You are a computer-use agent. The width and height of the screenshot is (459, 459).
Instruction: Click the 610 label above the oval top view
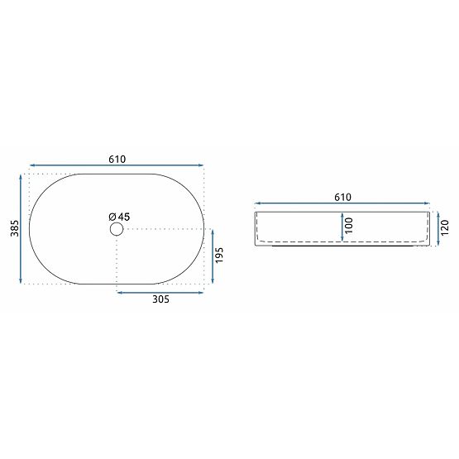(x=116, y=160)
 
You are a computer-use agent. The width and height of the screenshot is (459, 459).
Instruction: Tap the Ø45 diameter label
(x=119, y=217)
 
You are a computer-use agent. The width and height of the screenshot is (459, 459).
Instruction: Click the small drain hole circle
(x=116, y=229)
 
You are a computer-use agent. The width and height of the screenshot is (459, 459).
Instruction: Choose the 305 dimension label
(x=160, y=300)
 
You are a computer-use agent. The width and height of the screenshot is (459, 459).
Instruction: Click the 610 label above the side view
(x=343, y=197)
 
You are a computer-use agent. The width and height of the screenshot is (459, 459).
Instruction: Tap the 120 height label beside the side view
(x=445, y=227)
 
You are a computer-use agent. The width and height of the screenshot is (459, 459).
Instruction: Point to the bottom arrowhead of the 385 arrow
(x=22, y=280)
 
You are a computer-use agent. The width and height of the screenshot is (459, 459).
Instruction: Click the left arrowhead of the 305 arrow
(x=119, y=291)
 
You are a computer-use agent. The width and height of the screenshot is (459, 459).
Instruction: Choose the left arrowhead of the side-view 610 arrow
(x=257, y=203)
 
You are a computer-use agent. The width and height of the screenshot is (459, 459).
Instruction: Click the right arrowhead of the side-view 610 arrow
(x=428, y=203)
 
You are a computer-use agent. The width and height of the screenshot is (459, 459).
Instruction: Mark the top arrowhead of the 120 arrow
(x=437, y=213)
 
